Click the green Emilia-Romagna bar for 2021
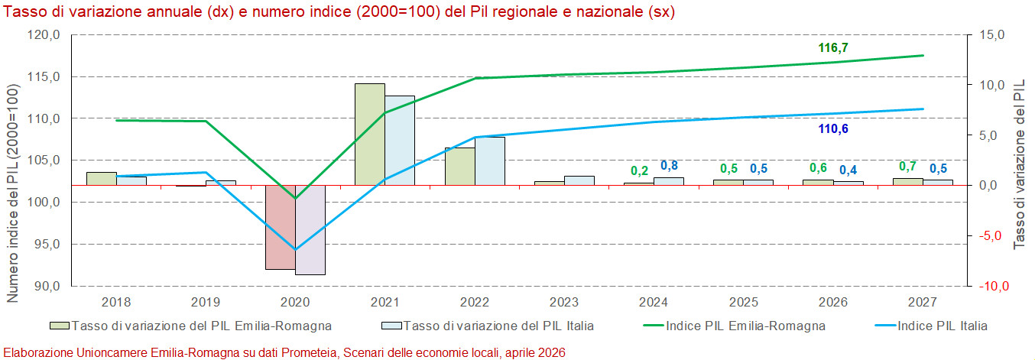point(370,134)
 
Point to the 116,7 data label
point(833,48)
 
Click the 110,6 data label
point(833,128)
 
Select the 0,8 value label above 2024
point(669,166)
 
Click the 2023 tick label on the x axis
point(565,302)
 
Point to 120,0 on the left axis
point(44,35)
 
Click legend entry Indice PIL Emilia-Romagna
point(745,326)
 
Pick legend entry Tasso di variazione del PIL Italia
point(497,326)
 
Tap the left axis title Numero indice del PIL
point(13,191)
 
